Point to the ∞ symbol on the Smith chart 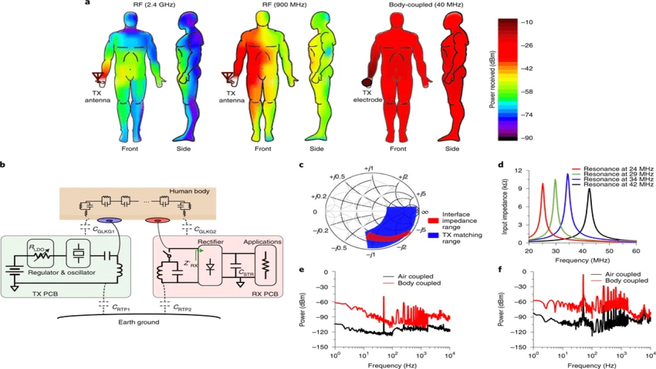pyautogui.click(x=424, y=211)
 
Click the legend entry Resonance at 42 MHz pyautogui.click(x=613, y=184)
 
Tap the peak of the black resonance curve pyautogui.click(x=590, y=189)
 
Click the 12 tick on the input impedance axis pyautogui.click(x=519, y=170)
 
